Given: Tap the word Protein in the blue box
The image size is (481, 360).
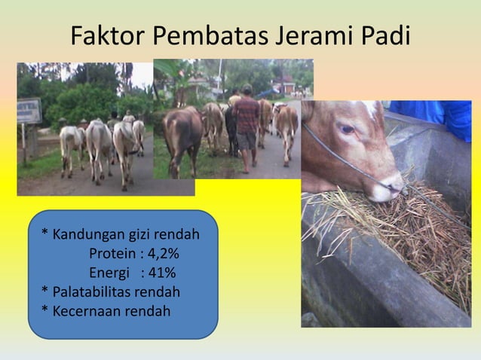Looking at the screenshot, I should click(x=112, y=252).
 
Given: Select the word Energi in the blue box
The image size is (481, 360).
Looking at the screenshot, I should click(x=110, y=272).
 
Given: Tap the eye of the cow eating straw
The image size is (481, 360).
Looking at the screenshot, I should click(x=346, y=129).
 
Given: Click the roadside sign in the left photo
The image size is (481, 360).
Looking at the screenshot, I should click(x=29, y=111).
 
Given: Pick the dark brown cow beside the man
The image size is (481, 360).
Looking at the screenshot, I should click(x=182, y=137).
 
